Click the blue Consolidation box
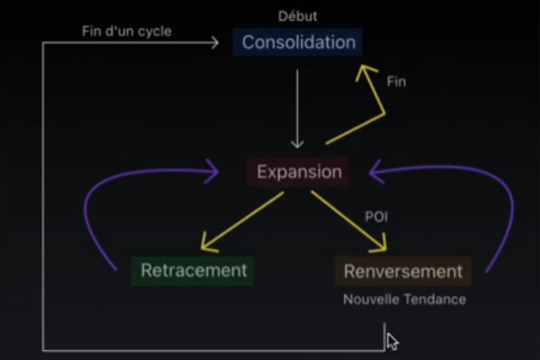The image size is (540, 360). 298,42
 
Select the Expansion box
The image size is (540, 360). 299,172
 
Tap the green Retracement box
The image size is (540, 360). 193,270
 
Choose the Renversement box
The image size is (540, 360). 403,271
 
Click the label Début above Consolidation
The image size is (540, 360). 297,16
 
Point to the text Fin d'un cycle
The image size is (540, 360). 127,32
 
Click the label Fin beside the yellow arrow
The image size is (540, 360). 397,82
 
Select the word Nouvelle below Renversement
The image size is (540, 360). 370,300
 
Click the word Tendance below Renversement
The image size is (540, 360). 435,300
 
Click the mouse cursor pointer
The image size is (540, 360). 392,341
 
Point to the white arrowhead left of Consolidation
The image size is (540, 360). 214,43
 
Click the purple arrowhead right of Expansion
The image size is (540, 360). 375,169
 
